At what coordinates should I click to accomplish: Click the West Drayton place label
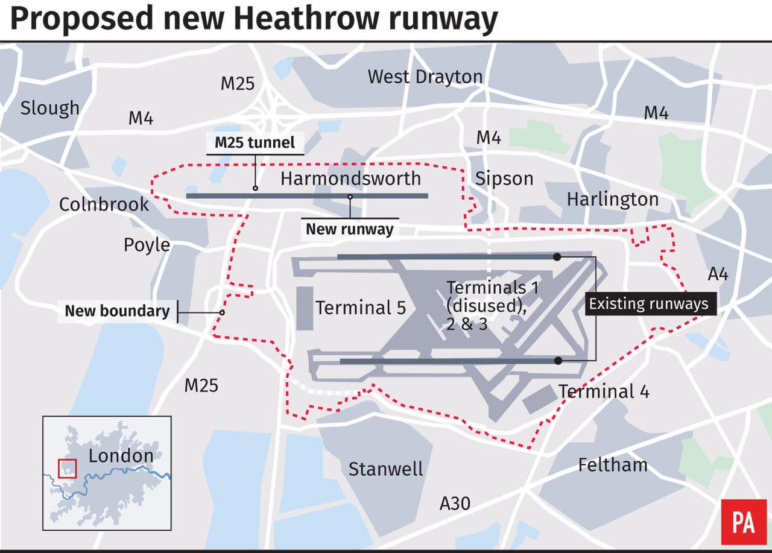click(x=425, y=77)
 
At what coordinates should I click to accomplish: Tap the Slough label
click(x=49, y=108)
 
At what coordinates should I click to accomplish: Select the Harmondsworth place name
click(x=350, y=179)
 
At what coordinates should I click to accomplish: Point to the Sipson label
click(x=504, y=179)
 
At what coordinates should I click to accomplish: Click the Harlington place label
click(x=612, y=199)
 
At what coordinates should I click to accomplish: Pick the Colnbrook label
click(x=104, y=204)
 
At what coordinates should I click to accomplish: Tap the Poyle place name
click(x=147, y=245)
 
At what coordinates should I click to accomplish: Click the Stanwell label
click(x=385, y=469)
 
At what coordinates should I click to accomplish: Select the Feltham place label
click(x=612, y=465)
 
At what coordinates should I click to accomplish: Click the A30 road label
click(x=454, y=503)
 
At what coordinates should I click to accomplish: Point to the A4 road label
click(x=718, y=274)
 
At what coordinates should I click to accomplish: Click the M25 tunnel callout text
click(x=255, y=143)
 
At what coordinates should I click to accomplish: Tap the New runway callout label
click(x=349, y=229)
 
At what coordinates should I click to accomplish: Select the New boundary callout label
click(x=117, y=311)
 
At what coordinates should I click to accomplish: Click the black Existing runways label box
click(x=648, y=303)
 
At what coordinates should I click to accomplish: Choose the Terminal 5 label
click(x=361, y=308)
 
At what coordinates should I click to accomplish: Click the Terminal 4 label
click(x=604, y=391)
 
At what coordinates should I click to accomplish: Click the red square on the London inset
click(x=67, y=469)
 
